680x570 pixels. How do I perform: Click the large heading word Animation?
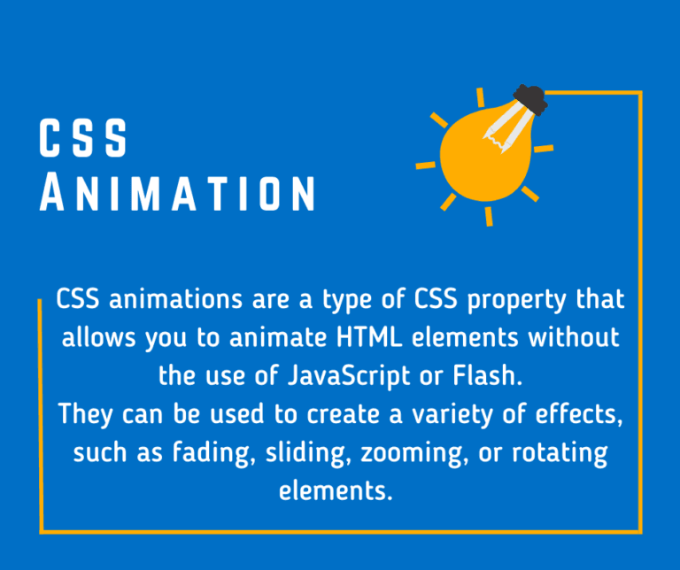coord(178,193)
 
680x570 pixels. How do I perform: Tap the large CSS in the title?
coord(84,141)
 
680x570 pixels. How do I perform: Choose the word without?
coord(577,337)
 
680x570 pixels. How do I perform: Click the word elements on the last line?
coord(334,490)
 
